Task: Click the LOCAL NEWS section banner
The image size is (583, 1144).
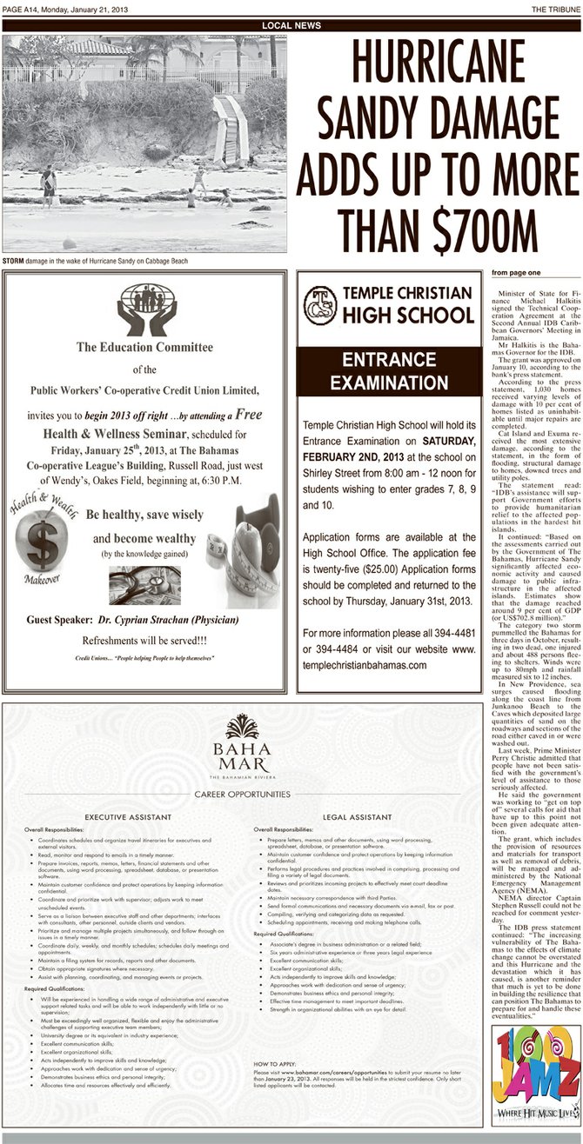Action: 291,25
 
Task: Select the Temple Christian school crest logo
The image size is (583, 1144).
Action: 320,303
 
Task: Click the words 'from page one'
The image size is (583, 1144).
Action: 515,272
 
